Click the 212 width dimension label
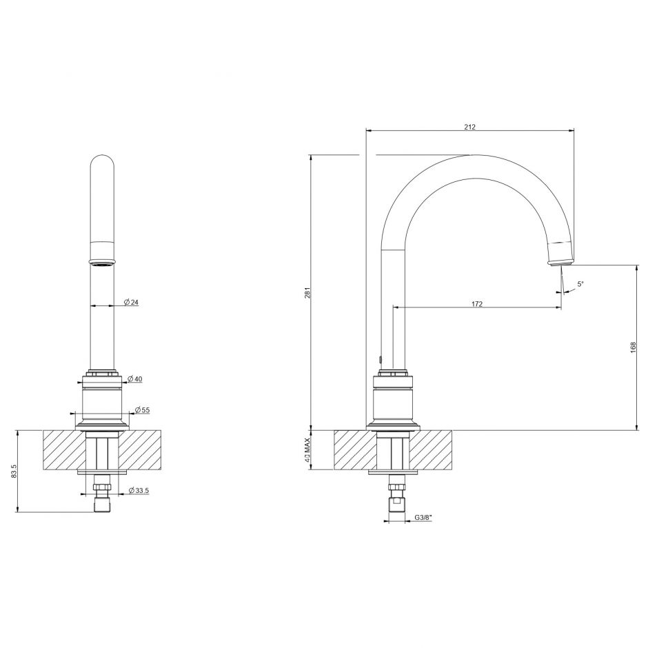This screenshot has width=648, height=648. [x=469, y=127]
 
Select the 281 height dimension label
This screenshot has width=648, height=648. [x=307, y=292]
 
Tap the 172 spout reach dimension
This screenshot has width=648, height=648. [x=477, y=304]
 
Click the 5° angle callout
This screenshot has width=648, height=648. [x=580, y=284]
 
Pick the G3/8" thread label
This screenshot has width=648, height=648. [x=423, y=517]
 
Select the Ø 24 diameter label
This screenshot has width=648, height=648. [x=132, y=302]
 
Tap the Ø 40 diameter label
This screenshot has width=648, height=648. [x=135, y=378]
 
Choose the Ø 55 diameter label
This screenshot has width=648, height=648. [x=143, y=410]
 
